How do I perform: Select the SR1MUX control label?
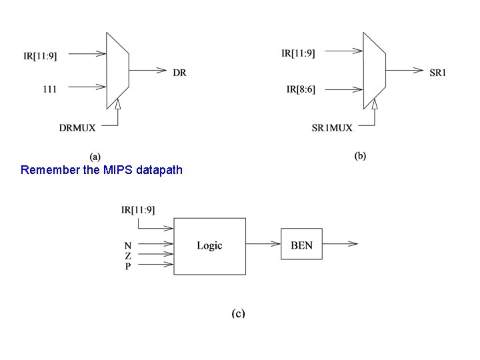pos(332,127)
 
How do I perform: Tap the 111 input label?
pos(49,87)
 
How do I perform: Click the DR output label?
pos(179,73)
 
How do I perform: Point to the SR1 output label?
pos(437,72)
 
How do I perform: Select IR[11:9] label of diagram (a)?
pos(39,56)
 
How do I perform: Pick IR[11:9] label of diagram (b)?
pos(299,53)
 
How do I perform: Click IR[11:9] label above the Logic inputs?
pos(138,210)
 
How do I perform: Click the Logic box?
pos(209,245)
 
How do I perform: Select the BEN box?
pos(301,245)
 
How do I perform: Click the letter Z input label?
pos(127,256)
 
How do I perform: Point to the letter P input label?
pos(127,267)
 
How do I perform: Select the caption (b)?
pos(360,156)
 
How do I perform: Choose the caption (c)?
pos(238,313)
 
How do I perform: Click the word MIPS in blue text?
pos(118,170)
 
